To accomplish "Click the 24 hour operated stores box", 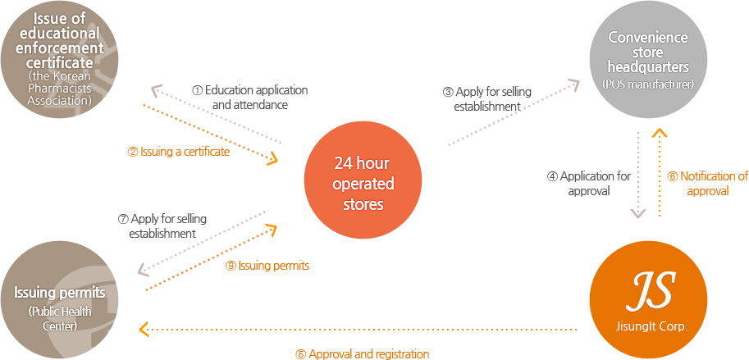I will pos(363,180).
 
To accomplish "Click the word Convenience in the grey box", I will pos(648,38).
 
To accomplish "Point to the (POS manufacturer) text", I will pos(648,84).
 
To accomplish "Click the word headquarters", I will pos(648,67).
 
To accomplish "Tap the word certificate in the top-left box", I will pos(59,62).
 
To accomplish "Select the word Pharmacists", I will pos(59,89).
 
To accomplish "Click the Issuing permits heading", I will pos(59,294).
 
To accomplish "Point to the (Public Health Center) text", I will pos(59,318).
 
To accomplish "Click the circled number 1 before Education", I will pos(198,90).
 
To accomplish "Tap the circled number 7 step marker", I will pos(124,219).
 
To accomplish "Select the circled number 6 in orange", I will pos(673,176).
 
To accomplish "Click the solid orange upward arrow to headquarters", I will pos(656,172).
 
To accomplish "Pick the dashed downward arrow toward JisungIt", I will pos(638,176).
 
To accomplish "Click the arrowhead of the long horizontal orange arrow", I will pos(145,330).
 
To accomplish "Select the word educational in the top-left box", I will pos(59,34).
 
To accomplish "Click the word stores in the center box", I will pos(363,203).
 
